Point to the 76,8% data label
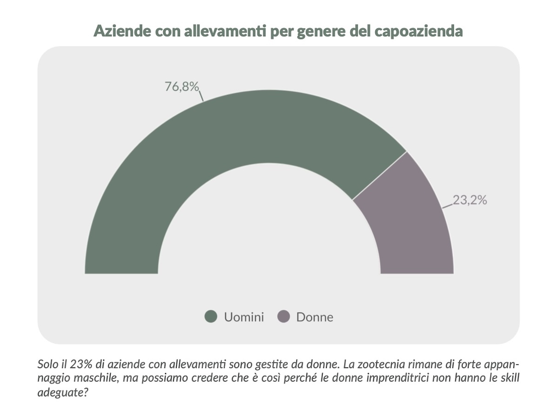point(182,87)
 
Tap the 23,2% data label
point(470,200)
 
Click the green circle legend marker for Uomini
point(211,317)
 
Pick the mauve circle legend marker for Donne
point(283,317)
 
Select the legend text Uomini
point(244,317)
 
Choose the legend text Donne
point(315,317)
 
